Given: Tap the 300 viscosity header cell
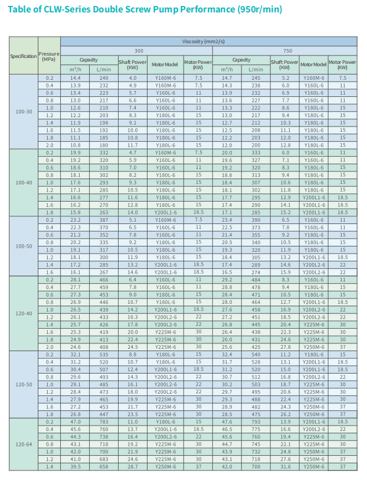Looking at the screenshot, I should tap(137, 51).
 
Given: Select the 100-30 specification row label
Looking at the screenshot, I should tap(23, 111).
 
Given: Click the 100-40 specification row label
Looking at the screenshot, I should tap(23, 183).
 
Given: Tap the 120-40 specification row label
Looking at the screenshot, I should tap(23, 313).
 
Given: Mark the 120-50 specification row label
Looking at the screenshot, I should tap(23, 384).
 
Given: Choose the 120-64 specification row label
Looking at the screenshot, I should tap(23, 444).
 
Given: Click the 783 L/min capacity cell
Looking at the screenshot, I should tap(104, 422).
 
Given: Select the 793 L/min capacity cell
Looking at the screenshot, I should tap(255, 422).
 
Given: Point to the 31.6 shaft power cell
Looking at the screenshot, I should tap(286, 466).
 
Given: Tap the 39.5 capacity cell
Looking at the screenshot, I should tap(76, 466).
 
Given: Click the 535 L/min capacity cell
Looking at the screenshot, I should tap(104, 354).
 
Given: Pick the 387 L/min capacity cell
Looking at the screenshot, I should tap(104, 219).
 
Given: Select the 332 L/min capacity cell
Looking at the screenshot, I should tap(104, 153).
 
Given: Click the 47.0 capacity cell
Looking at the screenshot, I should tap(76, 422).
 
